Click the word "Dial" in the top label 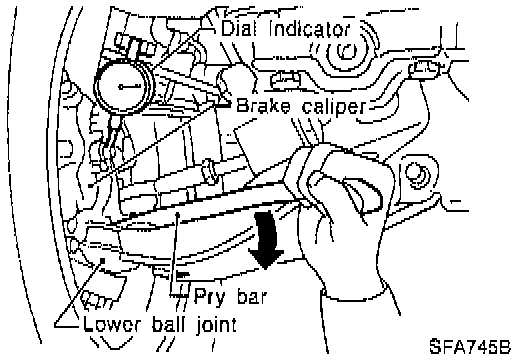[x=237, y=28]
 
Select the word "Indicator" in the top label [x=309, y=28]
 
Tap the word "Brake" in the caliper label [x=263, y=105]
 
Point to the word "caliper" [x=333, y=108]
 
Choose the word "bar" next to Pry [x=252, y=296]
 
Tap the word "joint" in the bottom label [x=216, y=325]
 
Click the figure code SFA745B [x=470, y=347]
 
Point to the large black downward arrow [x=266, y=240]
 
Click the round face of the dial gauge [x=123, y=87]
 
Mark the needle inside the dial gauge [x=130, y=87]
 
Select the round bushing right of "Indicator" [x=346, y=51]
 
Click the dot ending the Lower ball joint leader [x=103, y=260]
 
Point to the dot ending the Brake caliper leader [x=90, y=186]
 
